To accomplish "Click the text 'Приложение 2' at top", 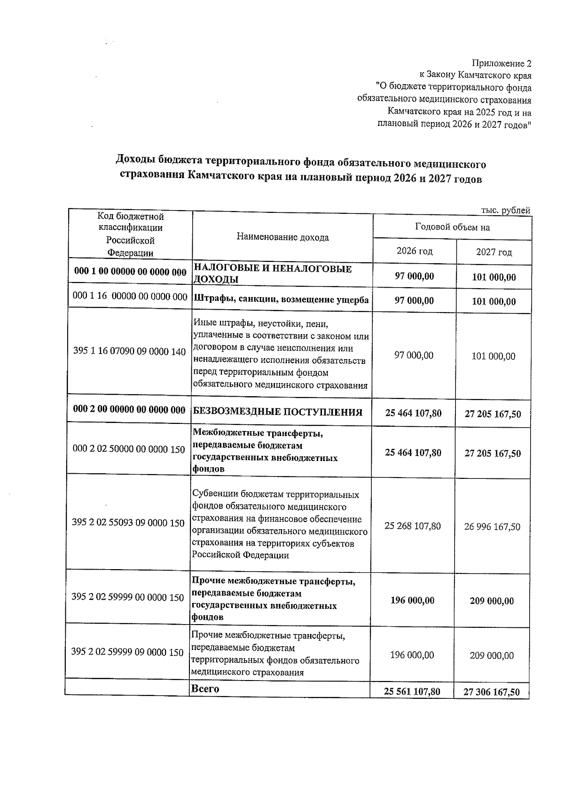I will click(x=501, y=63).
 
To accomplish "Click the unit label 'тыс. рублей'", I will click(x=506, y=211).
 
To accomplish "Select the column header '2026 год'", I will click(x=415, y=251).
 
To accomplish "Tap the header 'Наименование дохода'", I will click(x=282, y=237).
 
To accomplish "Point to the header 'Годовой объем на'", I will click(x=452, y=227).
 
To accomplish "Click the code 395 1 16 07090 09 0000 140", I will click(x=130, y=352).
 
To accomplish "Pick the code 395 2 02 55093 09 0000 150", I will click(x=128, y=523).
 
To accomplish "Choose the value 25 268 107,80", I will click(x=413, y=526).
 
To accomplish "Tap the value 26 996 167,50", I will click(x=492, y=527).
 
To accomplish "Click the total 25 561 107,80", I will click(x=412, y=692).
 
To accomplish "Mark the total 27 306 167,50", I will click(x=492, y=692).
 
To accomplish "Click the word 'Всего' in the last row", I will click(x=205, y=689).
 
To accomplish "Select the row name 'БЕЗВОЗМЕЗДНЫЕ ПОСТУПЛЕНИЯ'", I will click(x=278, y=413).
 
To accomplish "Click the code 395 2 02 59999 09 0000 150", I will click(x=127, y=652).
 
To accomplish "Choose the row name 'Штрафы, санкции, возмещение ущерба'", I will click(x=281, y=300).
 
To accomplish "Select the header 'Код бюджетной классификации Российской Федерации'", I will click(x=130, y=235).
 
